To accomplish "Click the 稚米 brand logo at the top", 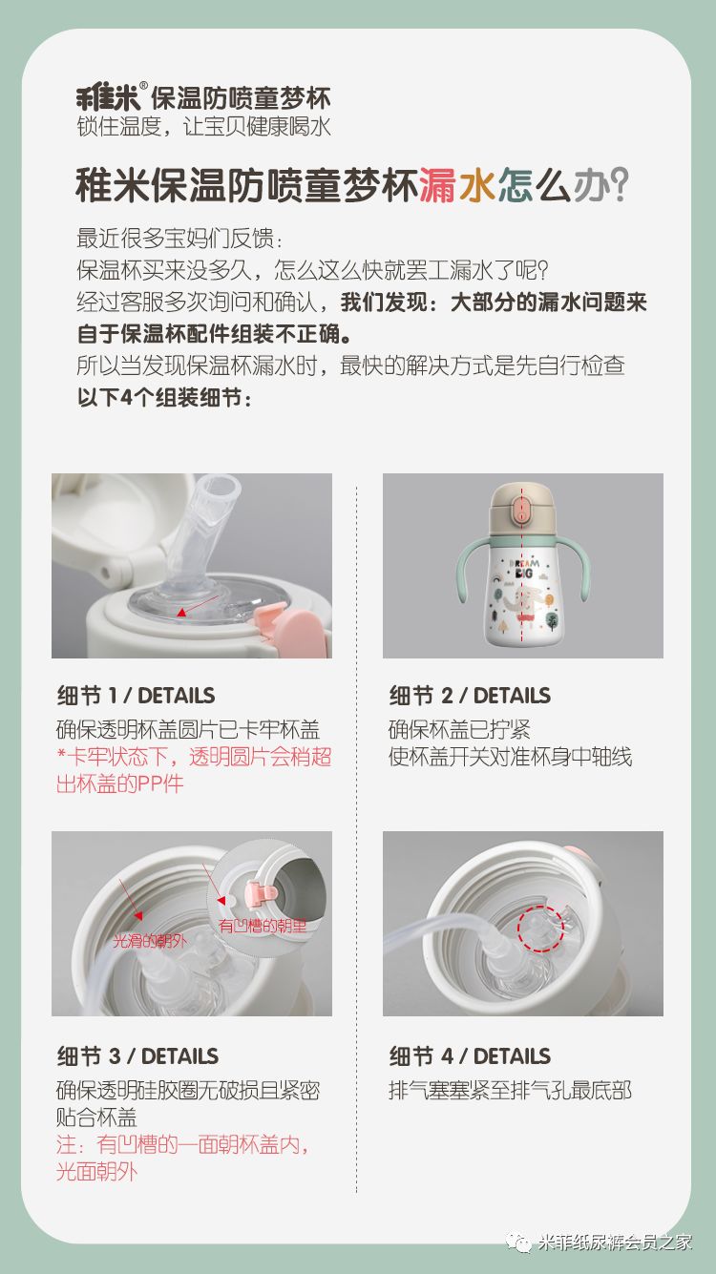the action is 108,98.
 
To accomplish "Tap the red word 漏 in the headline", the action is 438,185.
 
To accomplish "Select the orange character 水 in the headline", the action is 477,185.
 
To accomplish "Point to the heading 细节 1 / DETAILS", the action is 136,695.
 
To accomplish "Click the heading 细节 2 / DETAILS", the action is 470,695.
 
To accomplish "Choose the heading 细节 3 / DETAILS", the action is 137,1056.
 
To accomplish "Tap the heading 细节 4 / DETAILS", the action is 470,1056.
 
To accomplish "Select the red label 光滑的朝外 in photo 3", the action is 150,941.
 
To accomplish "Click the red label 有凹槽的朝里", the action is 263,926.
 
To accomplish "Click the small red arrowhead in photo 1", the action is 181,613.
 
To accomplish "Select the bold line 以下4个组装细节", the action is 164,398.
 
